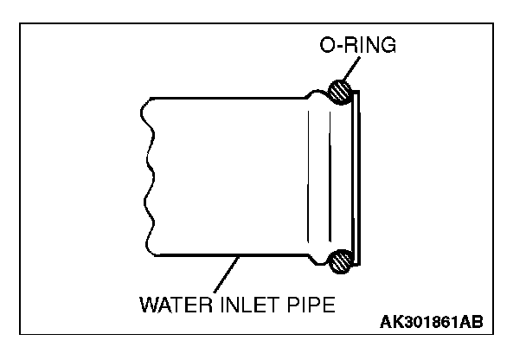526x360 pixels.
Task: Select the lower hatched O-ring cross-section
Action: tap(340, 259)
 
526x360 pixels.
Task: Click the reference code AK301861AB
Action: tap(433, 322)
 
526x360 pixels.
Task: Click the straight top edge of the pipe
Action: tap(225, 98)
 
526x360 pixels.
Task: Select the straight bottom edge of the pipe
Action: tap(225, 255)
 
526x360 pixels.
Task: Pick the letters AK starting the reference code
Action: tap(390, 322)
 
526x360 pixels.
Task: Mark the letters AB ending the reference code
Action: tap(472, 322)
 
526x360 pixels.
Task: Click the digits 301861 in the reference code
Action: tap(431, 322)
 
